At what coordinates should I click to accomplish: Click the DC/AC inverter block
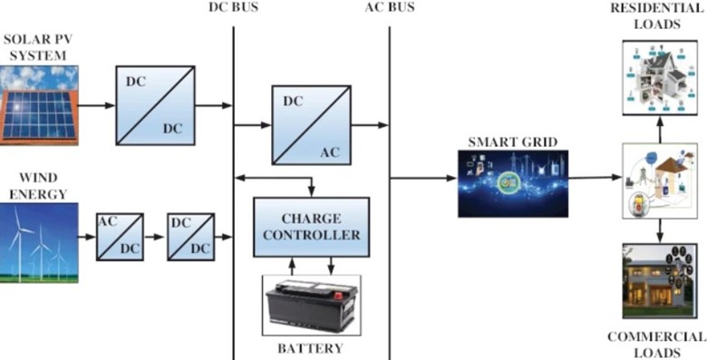click(311, 124)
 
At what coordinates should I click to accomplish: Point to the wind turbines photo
click(39, 243)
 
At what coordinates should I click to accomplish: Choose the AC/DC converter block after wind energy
click(120, 237)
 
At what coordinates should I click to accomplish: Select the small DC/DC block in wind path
click(190, 237)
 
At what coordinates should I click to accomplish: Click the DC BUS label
click(235, 8)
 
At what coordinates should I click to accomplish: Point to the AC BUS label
click(390, 8)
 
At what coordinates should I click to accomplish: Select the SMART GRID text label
click(511, 142)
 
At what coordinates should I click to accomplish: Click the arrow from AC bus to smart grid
click(424, 178)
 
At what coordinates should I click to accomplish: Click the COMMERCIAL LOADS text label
click(657, 344)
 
